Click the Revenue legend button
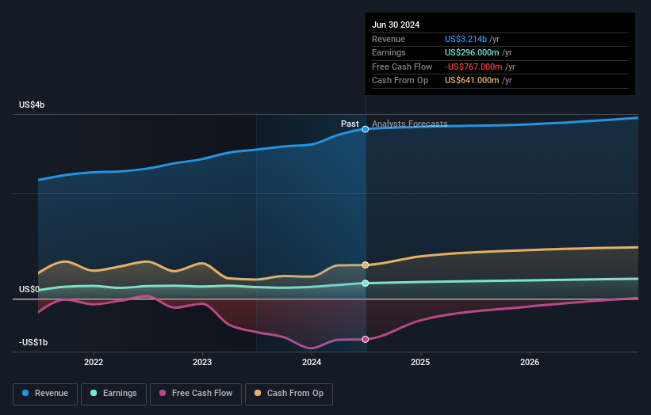coord(46,394)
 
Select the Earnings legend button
coord(113,394)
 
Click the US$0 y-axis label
coord(29,290)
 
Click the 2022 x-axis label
coord(94,362)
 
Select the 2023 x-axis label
coord(202,362)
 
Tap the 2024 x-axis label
coord(312,362)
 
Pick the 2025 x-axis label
coord(420,362)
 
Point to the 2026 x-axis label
coord(530,362)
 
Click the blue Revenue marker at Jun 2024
coord(366,128)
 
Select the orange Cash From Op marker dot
coord(366,265)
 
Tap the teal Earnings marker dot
coord(366,283)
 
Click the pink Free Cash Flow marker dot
coord(366,339)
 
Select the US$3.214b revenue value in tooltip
coord(466,39)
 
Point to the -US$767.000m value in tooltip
coord(473,67)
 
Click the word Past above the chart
coord(350,124)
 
